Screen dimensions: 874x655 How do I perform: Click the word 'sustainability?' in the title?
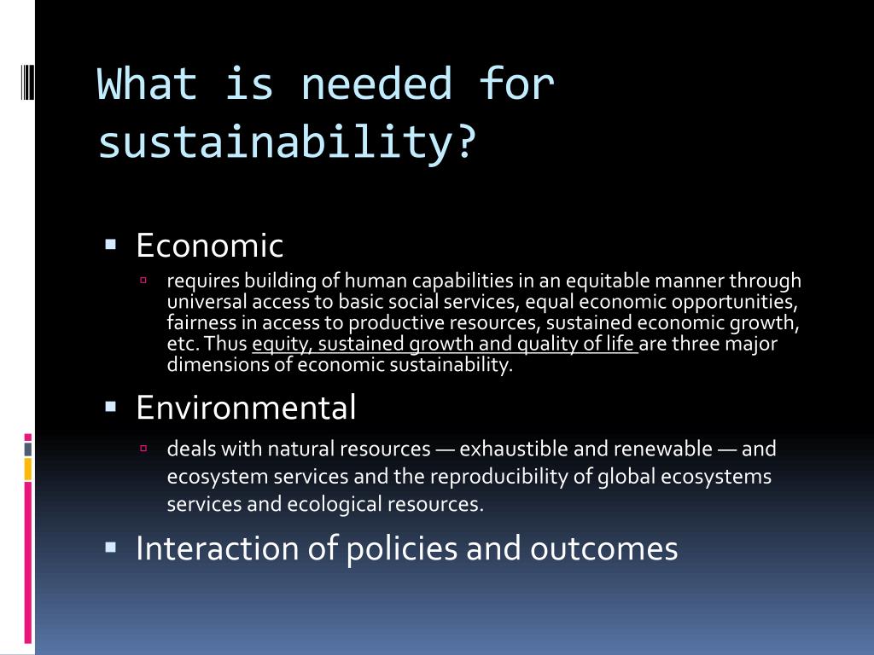click(288, 142)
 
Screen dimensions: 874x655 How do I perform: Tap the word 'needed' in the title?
click(376, 84)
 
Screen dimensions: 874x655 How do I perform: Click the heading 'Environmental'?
click(246, 407)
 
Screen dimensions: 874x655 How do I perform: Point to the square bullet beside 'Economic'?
click(110, 244)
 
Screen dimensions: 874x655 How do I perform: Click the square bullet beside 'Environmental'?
click(110, 407)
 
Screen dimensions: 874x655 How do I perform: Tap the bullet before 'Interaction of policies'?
click(110, 548)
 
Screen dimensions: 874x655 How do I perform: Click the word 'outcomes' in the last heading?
click(603, 549)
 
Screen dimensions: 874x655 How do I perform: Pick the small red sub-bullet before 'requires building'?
click(143, 280)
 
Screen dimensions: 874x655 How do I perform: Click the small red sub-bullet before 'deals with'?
click(143, 448)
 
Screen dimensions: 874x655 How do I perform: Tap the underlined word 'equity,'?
click(282, 345)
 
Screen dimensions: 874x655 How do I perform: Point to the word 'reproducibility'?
click(506, 478)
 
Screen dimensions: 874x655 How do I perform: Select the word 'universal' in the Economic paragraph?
click(207, 301)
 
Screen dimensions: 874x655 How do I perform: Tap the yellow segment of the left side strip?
click(28, 469)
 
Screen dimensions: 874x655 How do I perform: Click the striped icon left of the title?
click(27, 82)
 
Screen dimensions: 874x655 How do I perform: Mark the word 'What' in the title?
click(148, 84)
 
